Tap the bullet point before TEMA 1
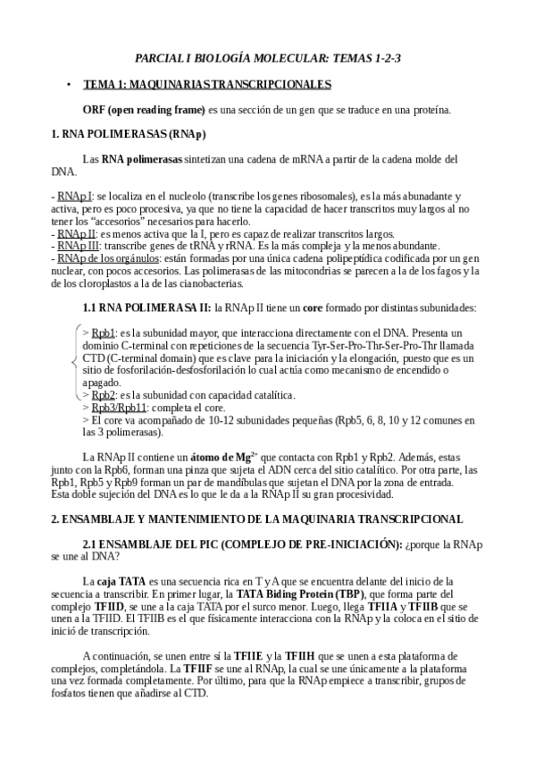pyautogui.click(x=68, y=84)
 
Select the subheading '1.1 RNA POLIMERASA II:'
pyautogui.click(x=146, y=307)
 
